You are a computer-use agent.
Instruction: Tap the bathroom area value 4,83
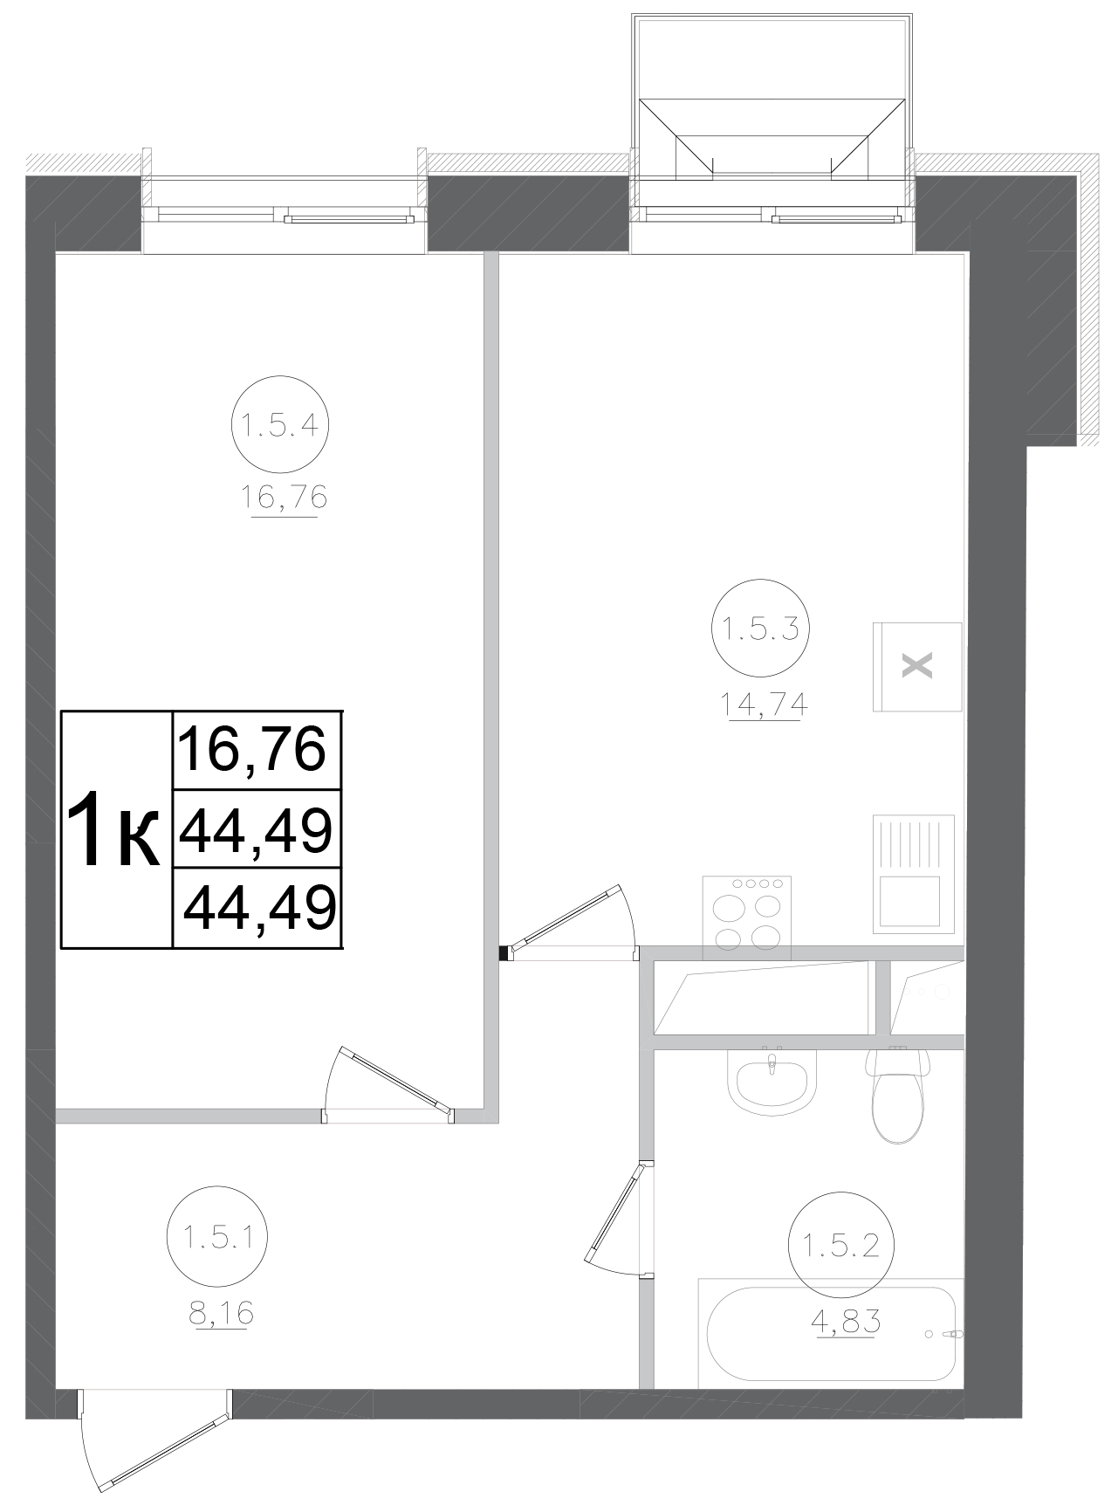(x=845, y=1321)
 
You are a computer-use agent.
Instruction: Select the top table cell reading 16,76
(x=254, y=750)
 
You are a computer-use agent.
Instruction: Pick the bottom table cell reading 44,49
(x=259, y=908)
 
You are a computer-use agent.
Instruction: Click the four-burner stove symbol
(x=746, y=917)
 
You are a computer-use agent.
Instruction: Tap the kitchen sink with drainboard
(x=913, y=874)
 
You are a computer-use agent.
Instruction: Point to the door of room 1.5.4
(x=390, y=1082)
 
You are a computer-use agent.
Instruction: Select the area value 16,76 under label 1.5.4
(x=284, y=498)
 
